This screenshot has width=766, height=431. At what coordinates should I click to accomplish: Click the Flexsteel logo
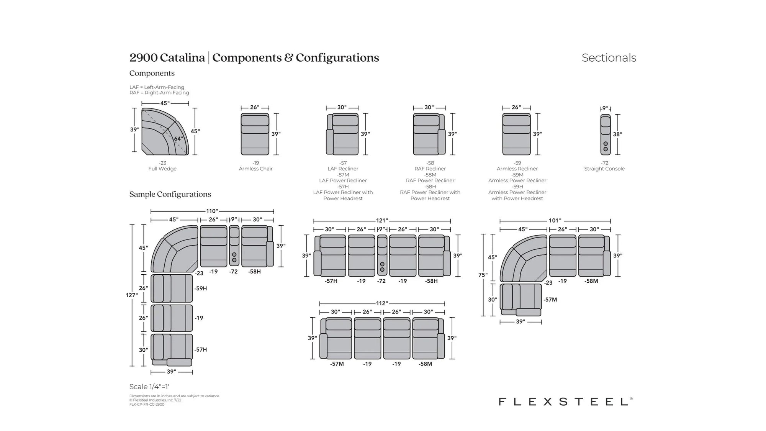pyautogui.click(x=565, y=402)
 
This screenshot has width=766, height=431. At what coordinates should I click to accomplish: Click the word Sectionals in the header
pyautogui.click(x=609, y=58)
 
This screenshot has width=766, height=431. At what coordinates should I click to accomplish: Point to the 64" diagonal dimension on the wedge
pyautogui.click(x=178, y=139)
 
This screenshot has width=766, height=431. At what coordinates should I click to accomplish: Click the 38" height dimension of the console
pyautogui.click(x=617, y=134)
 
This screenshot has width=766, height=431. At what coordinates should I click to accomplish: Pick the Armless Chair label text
pyautogui.click(x=255, y=169)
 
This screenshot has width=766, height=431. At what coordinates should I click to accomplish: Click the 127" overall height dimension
pyautogui.click(x=131, y=295)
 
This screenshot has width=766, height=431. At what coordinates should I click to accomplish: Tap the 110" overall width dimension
pyautogui.click(x=212, y=211)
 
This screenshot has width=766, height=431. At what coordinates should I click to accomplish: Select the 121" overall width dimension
pyautogui.click(x=381, y=221)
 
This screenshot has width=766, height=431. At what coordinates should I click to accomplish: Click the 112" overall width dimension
pyautogui.click(x=381, y=303)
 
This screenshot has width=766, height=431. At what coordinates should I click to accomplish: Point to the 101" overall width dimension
pyautogui.click(x=555, y=221)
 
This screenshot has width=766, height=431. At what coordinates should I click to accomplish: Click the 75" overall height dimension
pyautogui.click(x=483, y=275)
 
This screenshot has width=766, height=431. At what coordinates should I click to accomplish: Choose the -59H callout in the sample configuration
pyautogui.click(x=201, y=288)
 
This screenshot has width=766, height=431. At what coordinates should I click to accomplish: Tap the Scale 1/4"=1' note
pyautogui.click(x=149, y=387)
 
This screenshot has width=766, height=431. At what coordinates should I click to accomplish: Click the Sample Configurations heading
pyautogui.click(x=170, y=194)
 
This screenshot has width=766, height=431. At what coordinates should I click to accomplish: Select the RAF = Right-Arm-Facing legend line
pyautogui.click(x=159, y=93)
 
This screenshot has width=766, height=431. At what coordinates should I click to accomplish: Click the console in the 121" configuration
pyautogui.click(x=382, y=255)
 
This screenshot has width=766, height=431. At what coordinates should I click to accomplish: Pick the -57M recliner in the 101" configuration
pyautogui.click(x=521, y=300)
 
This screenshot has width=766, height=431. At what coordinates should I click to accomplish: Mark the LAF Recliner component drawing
pyautogui.click(x=342, y=134)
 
